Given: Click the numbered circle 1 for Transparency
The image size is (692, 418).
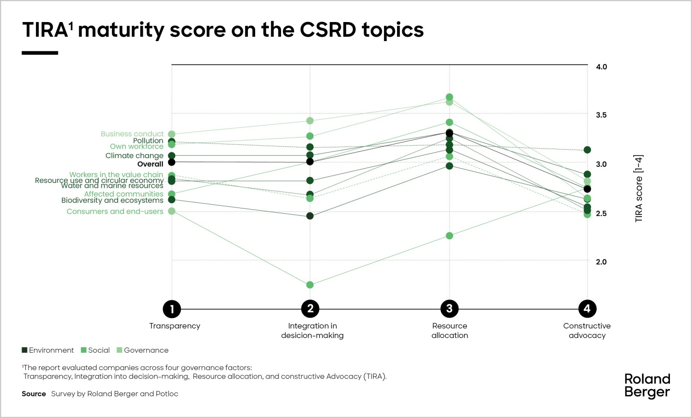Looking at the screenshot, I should pyautogui.click(x=172, y=309).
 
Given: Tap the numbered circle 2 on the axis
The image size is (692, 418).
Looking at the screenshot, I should pyautogui.click(x=310, y=309).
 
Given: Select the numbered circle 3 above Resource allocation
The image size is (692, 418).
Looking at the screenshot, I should pyautogui.click(x=449, y=309).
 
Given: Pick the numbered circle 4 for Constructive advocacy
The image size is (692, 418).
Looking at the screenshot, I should pyautogui.click(x=587, y=309).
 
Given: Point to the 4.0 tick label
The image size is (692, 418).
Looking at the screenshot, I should pyautogui.click(x=601, y=67).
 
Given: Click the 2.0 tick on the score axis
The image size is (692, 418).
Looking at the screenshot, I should pyautogui.click(x=601, y=262).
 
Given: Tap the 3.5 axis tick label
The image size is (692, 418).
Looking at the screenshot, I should pyautogui.click(x=601, y=115).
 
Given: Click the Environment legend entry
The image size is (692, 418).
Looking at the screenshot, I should pyautogui.click(x=48, y=350).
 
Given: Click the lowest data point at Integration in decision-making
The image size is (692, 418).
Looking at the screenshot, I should pyautogui.click(x=310, y=285).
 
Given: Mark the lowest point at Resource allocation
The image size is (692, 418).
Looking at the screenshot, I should pyautogui.click(x=449, y=236).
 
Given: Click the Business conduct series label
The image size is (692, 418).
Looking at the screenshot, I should pyautogui.click(x=132, y=134).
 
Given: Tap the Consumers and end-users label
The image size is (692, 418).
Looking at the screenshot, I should pyautogui.click(x=115, y=211).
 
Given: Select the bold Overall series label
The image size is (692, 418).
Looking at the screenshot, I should pyautogui.click(x=150, y=164).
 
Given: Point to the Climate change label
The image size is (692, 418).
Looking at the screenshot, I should pyautogui.click(x=134, y=156).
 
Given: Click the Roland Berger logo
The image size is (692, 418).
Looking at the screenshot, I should pyautogui.click(x=647, y=385).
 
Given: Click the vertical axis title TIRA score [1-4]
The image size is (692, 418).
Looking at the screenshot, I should pyautogui.click(x=639, y=188).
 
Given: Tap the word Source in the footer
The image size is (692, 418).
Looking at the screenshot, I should pyautogui.click(x=34, y=394).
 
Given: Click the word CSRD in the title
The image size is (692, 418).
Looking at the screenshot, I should pyautogui.click(x=328, y=30).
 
